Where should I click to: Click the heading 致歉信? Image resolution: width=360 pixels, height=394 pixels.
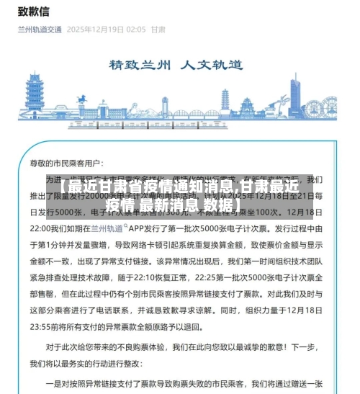point(34,12)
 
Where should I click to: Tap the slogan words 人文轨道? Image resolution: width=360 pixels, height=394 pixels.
point(215,64)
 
